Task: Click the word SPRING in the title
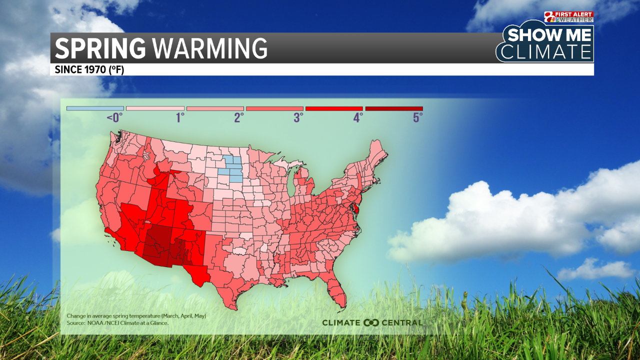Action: point(100,48)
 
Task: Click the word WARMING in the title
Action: point(209,48)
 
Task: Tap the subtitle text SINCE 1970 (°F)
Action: point(89,69)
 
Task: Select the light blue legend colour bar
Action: point(95,108)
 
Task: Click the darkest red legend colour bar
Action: point(394,108)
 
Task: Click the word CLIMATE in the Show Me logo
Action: point(546,52)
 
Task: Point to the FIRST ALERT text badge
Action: point(576,14)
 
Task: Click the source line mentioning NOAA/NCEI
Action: point(117,323)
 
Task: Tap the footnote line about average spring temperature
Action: point(136,316)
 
